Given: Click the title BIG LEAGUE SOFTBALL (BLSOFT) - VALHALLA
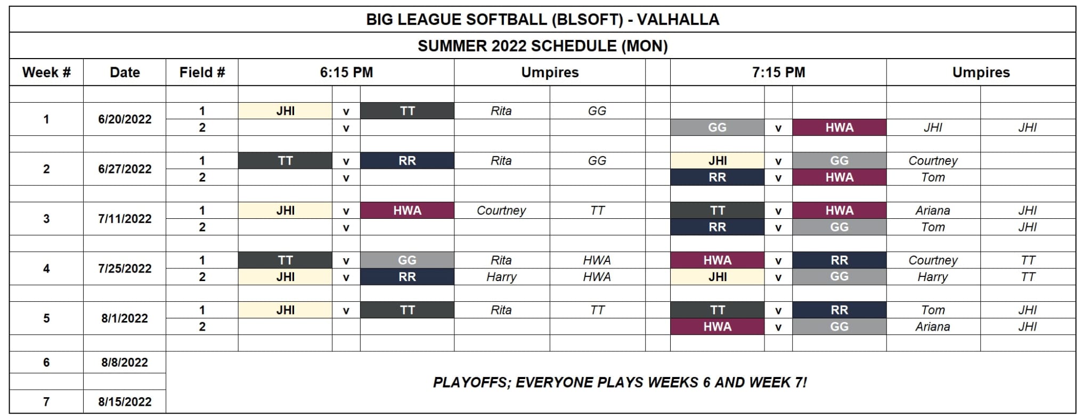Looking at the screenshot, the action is pyautogui.click(x=542, y=20).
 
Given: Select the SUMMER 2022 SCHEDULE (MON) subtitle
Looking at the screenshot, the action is pyautogui.click(x=542, y=46).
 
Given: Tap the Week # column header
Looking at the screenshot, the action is pyautogui.click(x=46, y=72).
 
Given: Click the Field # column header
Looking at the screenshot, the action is pyautogui.click(x=202, y=72).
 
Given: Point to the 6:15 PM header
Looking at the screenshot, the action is pyautogui.click(x=346, y=72).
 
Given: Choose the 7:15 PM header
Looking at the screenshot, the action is pyautogui.click(x=778, y=72).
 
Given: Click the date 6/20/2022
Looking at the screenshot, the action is pyautogui.click(x=125, y=119).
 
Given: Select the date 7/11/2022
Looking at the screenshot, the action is pyautogui.click(x=125, y=219).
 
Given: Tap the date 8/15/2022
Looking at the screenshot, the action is pyautogui.click(x=125, y=402).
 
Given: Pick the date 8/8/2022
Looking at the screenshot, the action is pyautogui.click(x=125, y=363).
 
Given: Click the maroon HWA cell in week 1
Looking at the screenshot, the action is pyautogui.click(x=839, y=127).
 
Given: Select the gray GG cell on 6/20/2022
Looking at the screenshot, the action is pyautogui.click(x=717, y=127).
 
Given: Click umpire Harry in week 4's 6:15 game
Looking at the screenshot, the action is pyautogui.click(x=501, y=277).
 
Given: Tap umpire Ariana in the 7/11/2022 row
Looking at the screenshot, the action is pyautogui.click(x=933, y=210).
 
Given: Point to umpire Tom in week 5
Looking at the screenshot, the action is pyautogui.click(x=933, y=310).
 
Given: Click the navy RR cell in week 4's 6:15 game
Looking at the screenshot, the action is pyautogui.click(x=407, y=277).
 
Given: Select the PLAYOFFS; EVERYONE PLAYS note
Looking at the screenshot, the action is pyautogui.click(x=620, y=382).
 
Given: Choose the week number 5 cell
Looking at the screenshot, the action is pyautogui.click(x=46, y=318).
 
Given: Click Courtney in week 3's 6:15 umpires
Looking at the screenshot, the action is pyautogui.click(x=501, y=210).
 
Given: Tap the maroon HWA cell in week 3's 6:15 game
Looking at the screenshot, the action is pyautogui.click(x=407, y=210).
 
